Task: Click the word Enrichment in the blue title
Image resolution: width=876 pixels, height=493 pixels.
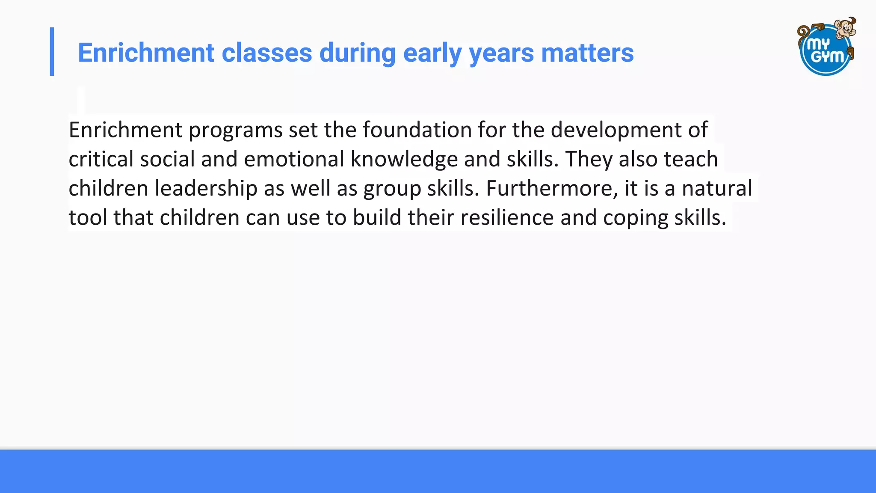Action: [146, 53]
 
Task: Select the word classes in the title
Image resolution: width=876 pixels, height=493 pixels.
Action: [267, 53]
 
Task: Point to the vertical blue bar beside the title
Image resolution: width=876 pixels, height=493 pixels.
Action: [52, 52]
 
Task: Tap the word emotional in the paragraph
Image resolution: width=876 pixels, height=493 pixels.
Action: [294, 159]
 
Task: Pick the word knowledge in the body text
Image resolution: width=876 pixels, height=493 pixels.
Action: [404, 159]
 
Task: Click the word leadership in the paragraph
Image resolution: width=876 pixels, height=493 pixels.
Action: [206, 188]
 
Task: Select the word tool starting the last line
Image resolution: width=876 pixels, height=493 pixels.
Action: [88, 217]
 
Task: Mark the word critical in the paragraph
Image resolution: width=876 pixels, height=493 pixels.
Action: [101, 159]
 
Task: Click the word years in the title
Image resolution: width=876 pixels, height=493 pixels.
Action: [501, 54]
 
